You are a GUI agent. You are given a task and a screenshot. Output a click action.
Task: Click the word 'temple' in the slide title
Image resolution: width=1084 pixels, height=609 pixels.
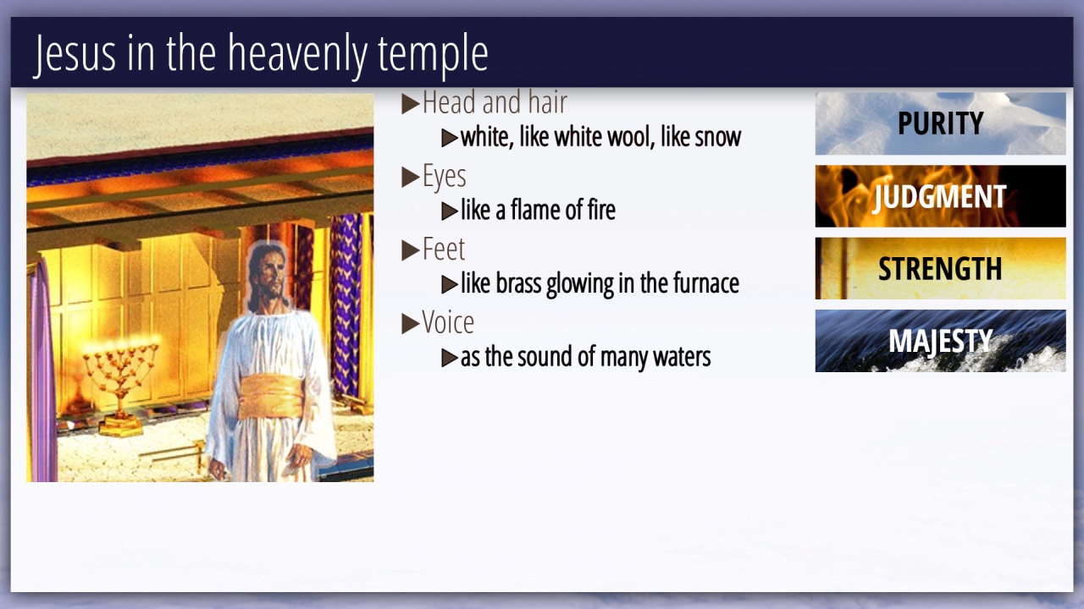tap(433, 55)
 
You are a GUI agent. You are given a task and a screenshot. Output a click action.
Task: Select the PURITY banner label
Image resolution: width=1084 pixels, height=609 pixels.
tap(940, 123)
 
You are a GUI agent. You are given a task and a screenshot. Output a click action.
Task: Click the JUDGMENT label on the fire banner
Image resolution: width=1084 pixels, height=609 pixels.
tap(940, 197)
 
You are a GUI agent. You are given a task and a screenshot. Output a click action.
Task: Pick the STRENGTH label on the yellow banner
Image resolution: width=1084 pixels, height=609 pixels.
tap(940, 269)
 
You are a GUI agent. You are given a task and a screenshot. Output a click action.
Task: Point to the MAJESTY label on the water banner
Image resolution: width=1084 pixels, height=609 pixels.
tap(940, 341)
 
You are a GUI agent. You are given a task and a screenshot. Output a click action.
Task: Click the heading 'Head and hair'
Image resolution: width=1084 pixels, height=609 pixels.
tap(495, 102)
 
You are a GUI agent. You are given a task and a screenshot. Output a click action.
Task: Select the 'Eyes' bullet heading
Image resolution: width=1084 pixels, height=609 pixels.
tap(445, 176)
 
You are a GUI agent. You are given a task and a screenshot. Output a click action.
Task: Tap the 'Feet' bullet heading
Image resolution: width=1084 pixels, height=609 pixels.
tap(443, 250)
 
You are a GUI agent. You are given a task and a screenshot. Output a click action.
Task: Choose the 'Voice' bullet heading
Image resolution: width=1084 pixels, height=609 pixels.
tap(448, 322)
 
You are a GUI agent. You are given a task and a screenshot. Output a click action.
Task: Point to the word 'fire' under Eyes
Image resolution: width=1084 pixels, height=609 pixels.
tap(601, 211)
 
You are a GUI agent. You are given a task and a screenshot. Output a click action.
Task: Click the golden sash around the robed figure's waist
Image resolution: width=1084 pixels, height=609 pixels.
tap(271, 397)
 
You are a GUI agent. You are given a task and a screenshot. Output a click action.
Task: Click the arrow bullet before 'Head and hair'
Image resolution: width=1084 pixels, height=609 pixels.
tap(411, 103)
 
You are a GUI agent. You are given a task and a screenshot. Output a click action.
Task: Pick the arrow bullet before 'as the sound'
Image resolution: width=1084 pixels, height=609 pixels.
tap(450, 358)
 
